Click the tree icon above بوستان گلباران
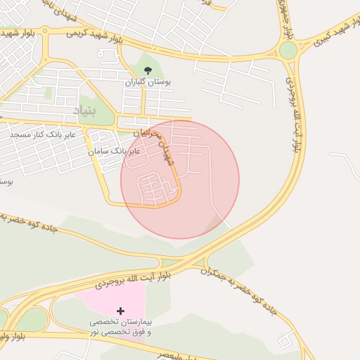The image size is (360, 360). (x=148, y=70)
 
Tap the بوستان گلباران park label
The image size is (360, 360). (x=148, y=82)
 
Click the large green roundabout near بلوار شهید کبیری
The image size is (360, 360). (x=288, y=51)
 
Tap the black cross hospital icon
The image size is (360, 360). (x=120, y=311)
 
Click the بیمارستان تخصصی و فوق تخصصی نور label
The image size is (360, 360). (x=123, y=327)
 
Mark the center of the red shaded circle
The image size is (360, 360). (x=180, y=180)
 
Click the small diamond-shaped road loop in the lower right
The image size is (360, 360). (x=286, y=342)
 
